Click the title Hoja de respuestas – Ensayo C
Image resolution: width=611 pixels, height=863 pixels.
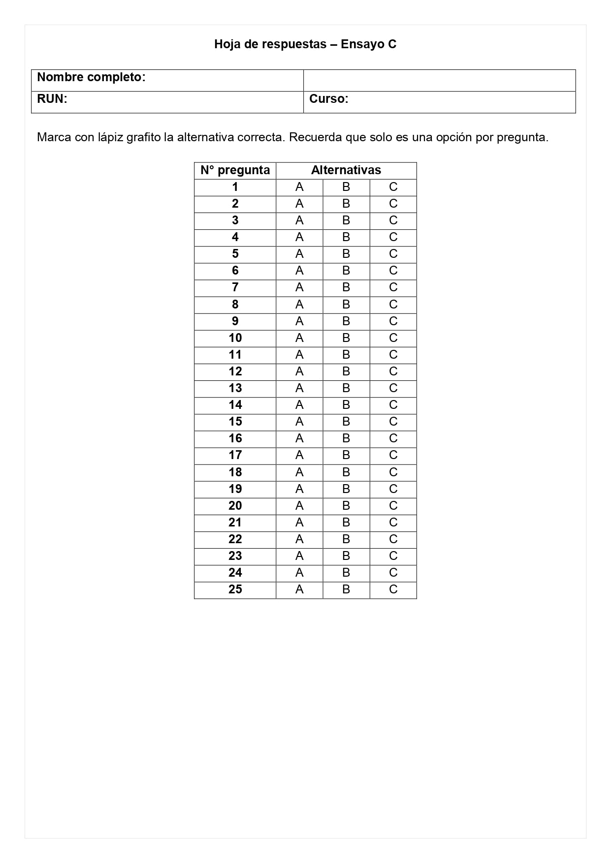click(x=305, y=44)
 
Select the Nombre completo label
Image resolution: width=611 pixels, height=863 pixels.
click(x=91, y=77)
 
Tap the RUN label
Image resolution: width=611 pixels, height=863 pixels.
click(x=52, y=99)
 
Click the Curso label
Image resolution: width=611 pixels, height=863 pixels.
click(x=328, y=99)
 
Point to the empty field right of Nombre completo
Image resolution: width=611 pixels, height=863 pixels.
click(x=439, y=80)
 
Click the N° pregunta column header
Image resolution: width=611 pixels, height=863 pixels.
click(x=235, y=170)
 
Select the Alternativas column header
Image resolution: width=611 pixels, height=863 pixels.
click(x=346, y=170)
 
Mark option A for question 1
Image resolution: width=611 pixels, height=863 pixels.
click(x=299, y=187)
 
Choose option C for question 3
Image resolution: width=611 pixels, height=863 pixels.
click(x=393, y=220)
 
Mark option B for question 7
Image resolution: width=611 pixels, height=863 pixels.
click(x=346, y=287)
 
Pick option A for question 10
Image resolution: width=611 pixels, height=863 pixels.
click(x=299, y=338)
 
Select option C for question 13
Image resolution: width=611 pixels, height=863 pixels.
click(x=393, y=388)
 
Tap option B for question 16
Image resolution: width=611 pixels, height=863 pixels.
click(x=346, y=438)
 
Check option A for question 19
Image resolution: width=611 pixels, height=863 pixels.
click(x=299, y=489)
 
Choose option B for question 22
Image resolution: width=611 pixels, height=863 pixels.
click(x=346, y=539)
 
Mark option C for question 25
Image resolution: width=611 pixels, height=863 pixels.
click(x=393, y=589)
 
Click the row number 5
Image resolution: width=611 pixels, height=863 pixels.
click(x=235, y=254)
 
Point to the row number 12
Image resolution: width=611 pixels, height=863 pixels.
click(x=235, y=371)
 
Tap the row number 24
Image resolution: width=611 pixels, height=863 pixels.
click(x=235, y=573)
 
